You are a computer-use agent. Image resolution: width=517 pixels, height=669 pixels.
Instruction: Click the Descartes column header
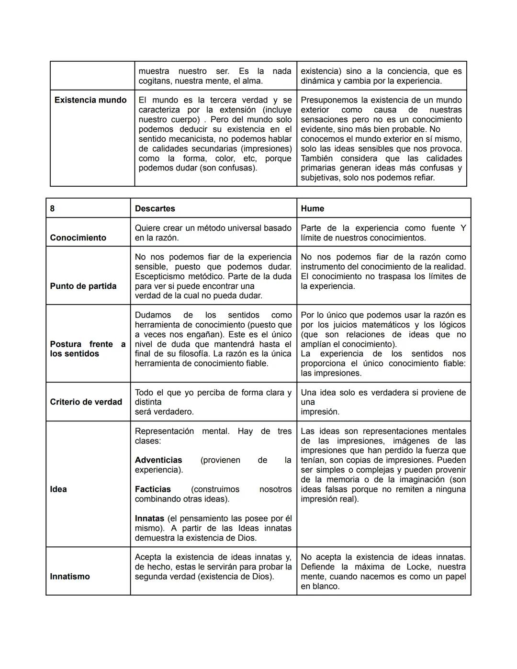click(155, 209)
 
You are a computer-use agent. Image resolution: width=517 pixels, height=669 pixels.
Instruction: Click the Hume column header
click(312, 209)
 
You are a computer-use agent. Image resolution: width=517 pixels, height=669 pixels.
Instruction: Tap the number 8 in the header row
click(52, 209)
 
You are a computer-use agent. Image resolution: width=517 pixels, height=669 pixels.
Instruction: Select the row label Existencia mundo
click(90, 100)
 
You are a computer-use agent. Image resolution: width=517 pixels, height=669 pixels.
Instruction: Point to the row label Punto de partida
click(83, 286)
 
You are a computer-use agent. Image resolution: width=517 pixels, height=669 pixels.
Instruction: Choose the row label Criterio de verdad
click(86, 402)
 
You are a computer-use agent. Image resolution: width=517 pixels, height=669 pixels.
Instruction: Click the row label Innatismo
click(69, 577)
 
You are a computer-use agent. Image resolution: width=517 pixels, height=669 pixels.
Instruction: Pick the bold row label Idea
click(58, 489)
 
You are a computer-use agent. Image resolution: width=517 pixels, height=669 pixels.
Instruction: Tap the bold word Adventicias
click(158, 460)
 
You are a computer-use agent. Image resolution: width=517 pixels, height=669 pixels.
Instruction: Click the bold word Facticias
click(153, 489)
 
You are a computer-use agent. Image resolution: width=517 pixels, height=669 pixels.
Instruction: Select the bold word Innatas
click(149, 519)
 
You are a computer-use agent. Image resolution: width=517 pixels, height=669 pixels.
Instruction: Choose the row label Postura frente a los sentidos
click(87, 349)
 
